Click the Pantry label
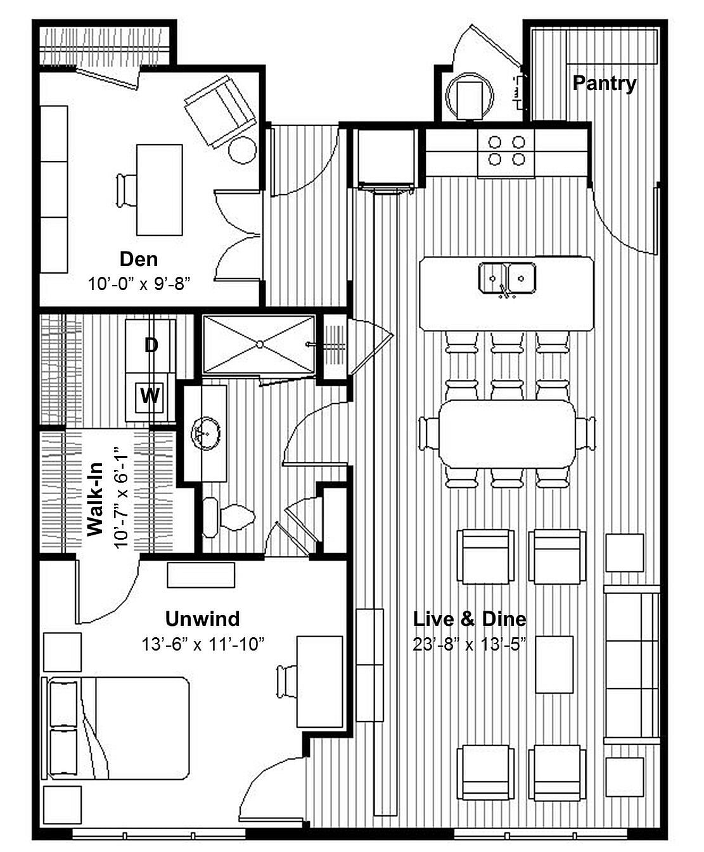pos(604,83)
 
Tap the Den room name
pos(139,258)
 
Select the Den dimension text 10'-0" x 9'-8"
pos(139,283)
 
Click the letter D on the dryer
pos(151,345)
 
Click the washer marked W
pos(150,396)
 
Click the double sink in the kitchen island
pos(507,277)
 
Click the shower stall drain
pos(259,344)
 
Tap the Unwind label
pos(202,618)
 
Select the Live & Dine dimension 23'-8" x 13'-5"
pos(470,645)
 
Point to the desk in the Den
pos(159,189)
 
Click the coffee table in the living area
pos(554,664)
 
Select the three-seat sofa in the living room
pos(632,664)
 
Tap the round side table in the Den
pos(242,150)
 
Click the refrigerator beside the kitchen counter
pos(385,158)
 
